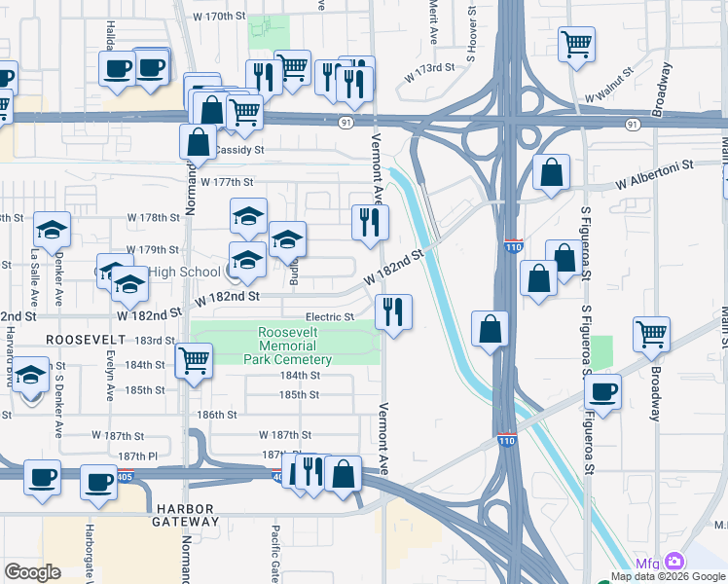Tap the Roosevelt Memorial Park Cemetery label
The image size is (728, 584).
(295, 346)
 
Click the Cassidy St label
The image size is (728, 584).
(239, 150)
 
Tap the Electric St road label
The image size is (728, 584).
(329, 316)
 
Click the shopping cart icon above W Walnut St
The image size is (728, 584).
(576, 42)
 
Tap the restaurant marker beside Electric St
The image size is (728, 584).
(393, 312)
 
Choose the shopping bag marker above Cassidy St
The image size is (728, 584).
(198, 141)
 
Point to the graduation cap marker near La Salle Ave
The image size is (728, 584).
(52, 230)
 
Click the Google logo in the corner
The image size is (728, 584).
(32, 572)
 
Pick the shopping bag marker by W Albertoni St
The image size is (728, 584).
(551, 172)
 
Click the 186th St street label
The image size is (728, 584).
(217, 415)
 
